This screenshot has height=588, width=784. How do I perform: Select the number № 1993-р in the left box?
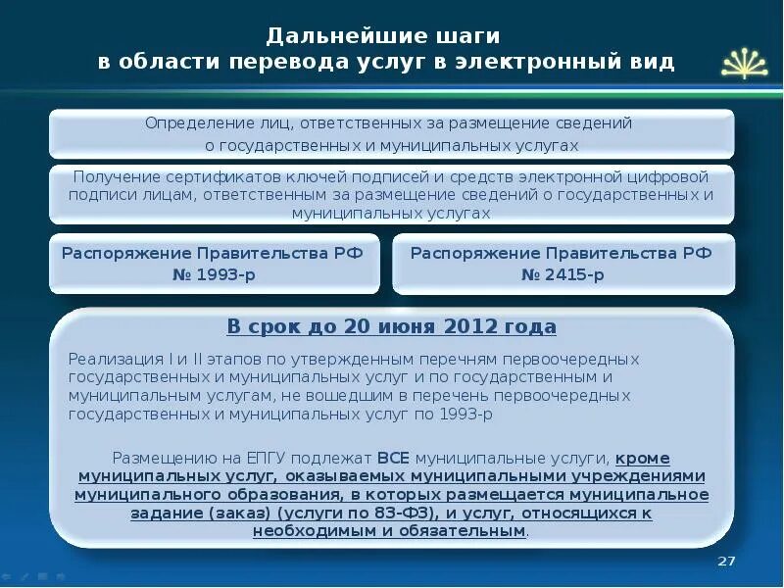[214, 274]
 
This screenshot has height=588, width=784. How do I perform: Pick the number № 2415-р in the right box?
[563, 274]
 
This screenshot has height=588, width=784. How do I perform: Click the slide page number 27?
[726, 560]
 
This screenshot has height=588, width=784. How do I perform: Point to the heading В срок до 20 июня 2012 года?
[392, 326]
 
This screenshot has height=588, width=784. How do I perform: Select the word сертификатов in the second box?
[233, 177]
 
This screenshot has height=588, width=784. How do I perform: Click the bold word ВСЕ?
[394, 458]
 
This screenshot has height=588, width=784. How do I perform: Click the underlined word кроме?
[644, 458]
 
